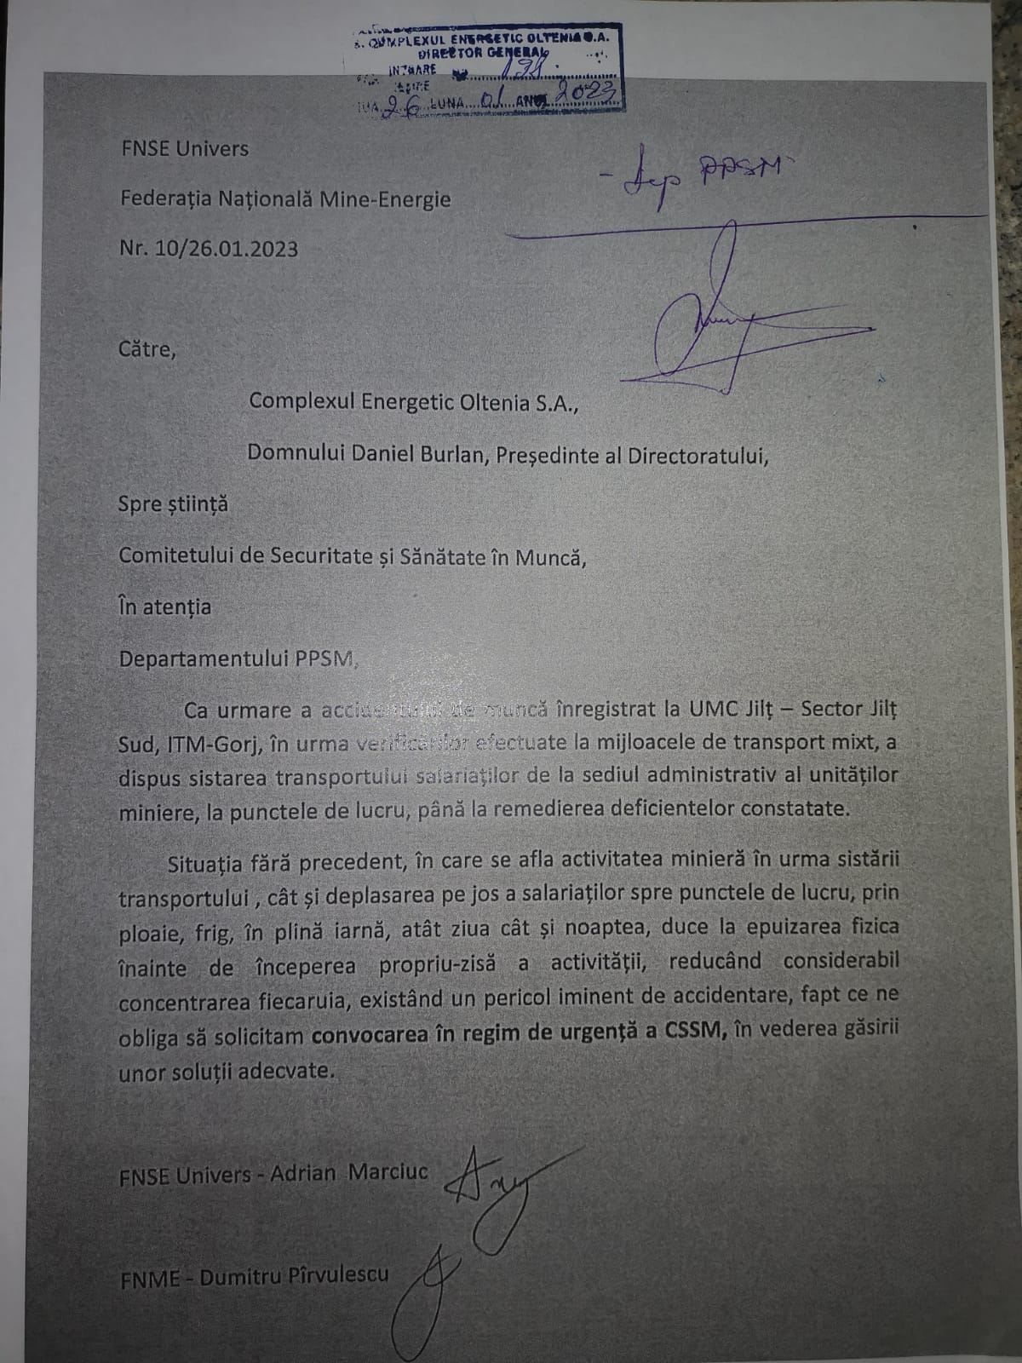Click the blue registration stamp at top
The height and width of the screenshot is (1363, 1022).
click(x=484, y=69)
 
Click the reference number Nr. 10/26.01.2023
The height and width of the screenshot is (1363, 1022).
click(x=209, y=249)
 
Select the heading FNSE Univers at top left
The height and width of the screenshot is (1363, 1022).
click(x=184, y=148)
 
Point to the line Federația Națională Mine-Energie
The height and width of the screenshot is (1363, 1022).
click(x=285, y=199)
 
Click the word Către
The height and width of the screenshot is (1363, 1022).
click(x=146, y=349)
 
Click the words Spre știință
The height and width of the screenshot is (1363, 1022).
click(x=173, y=504)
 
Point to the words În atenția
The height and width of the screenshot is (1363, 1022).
click(x=164, y=607)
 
